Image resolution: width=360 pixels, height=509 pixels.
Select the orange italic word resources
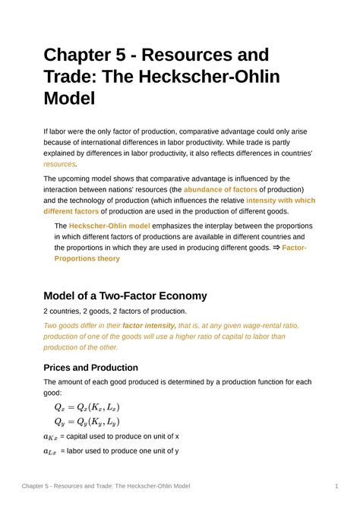(59, 163)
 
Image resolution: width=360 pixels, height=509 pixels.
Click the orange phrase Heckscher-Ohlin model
(109, 226)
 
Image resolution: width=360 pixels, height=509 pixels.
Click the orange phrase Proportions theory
(87, 258)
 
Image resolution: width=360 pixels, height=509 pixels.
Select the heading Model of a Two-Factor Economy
(125, 296)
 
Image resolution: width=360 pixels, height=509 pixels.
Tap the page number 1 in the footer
(336, 485)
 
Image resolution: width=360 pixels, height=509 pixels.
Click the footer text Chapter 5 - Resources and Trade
(106, 485)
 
